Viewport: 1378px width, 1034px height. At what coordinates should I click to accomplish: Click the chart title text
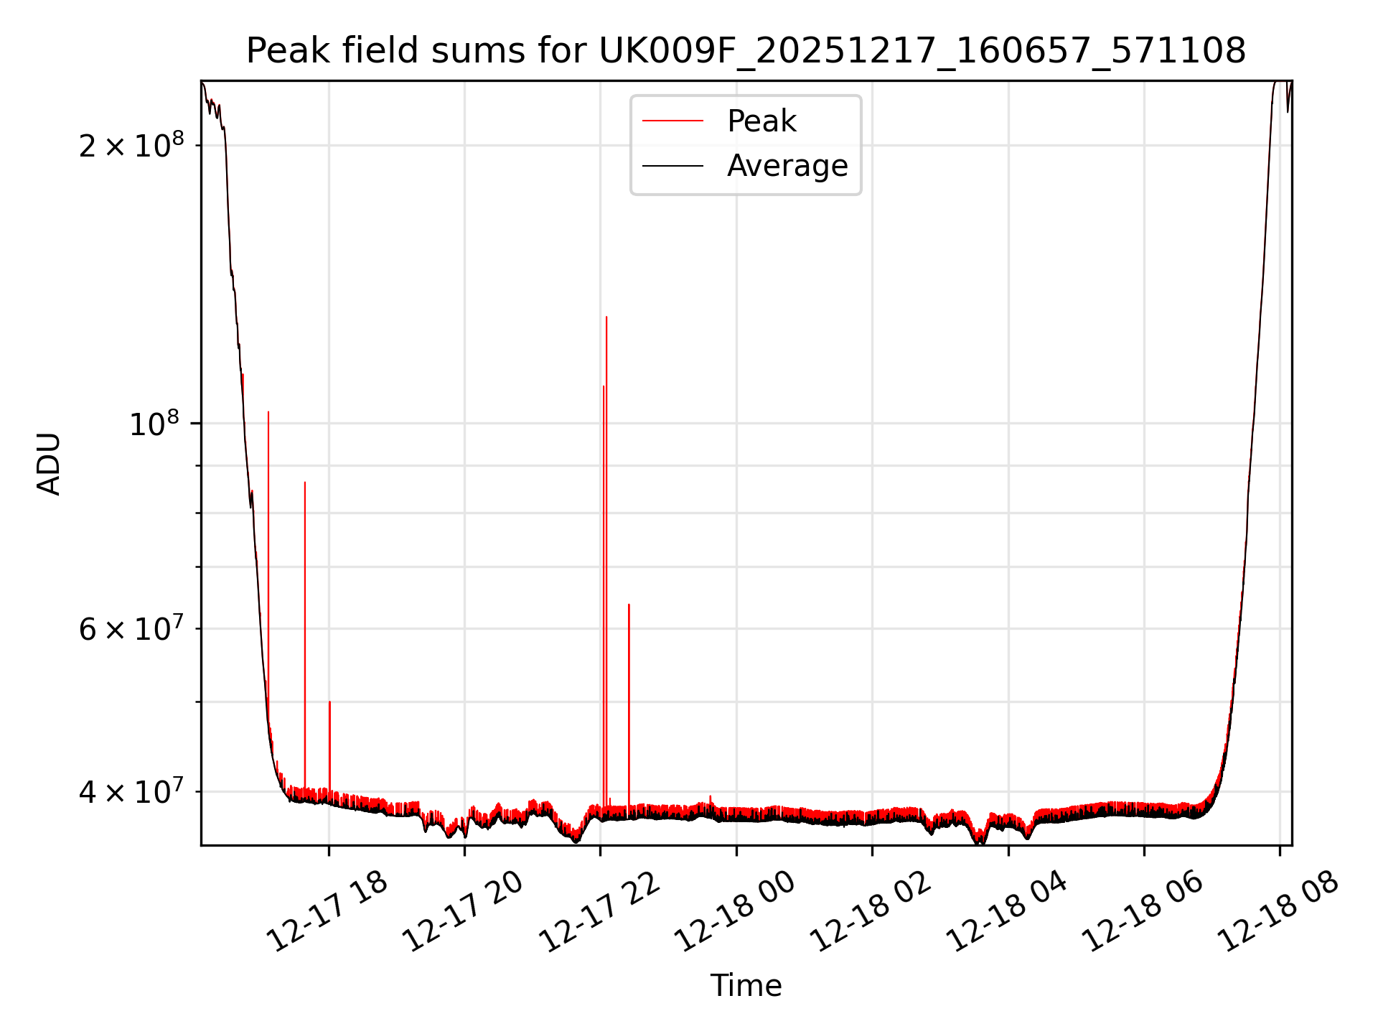click(x=746, y=51)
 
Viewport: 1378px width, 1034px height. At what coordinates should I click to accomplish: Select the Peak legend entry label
click(x=761, y=121)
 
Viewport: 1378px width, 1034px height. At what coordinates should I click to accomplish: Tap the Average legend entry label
click(x=787, y=166)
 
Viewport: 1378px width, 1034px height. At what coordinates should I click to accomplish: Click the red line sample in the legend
click(x=672, y=121)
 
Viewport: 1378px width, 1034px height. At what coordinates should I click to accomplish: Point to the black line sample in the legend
click(x=672, y=166)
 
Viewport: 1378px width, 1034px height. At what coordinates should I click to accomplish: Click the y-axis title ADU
click(x=49, y=463)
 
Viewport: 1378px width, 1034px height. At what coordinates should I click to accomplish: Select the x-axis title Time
click(x=746, y=985)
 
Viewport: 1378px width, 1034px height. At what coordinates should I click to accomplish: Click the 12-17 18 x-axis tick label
click(x=327, y=912)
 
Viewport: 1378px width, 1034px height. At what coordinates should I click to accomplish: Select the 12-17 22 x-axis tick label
click(x=599, y=912)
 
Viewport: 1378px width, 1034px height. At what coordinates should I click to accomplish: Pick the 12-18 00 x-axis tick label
click(x=734, y=912)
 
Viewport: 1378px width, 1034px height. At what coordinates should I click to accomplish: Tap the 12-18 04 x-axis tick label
click(x=1006, y=912)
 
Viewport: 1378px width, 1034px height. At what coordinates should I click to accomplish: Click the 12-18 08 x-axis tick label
click(x=1278, y=912)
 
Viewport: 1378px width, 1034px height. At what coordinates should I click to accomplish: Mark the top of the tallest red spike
click(x=606, y=317)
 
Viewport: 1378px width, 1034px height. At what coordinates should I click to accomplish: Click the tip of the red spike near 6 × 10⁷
click(x=629, y=605)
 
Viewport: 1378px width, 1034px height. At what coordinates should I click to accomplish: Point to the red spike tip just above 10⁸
click(x=268, y=412)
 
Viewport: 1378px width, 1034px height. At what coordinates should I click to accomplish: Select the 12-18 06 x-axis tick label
click(x=1142, y=912)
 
